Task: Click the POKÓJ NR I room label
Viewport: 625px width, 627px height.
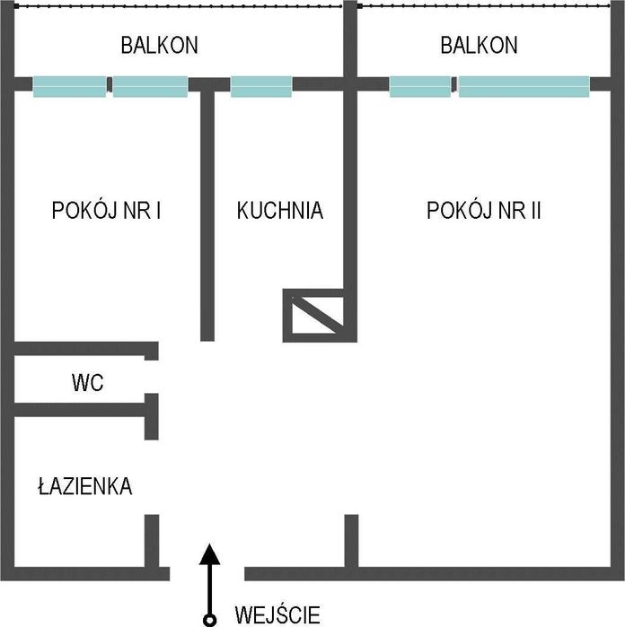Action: coord(107,211)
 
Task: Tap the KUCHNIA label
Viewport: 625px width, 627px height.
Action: coord(279,211)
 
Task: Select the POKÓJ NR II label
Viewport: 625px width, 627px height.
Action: coord(484,211)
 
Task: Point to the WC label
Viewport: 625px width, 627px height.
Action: coord(88,384)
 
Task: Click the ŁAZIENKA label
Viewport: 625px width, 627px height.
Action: coord(85,487)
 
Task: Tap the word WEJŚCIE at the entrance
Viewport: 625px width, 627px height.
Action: coord(277,615)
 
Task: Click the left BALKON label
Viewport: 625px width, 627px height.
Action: coord(159,45)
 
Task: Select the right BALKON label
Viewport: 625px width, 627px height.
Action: coord(479,45)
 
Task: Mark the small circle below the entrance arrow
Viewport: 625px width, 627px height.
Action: coord(208,619)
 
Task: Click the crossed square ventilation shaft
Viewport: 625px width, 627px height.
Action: coord(313,314)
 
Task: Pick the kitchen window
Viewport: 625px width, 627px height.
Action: coord(261,86)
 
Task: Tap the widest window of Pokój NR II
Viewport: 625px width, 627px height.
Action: coord(524,86)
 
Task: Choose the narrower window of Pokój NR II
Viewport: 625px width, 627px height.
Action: coord(420,86)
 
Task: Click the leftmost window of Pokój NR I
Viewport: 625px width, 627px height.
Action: coord(70,86)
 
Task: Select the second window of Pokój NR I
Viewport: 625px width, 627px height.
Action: coord(150,86)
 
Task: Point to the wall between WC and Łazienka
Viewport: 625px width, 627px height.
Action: coord(83,410)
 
